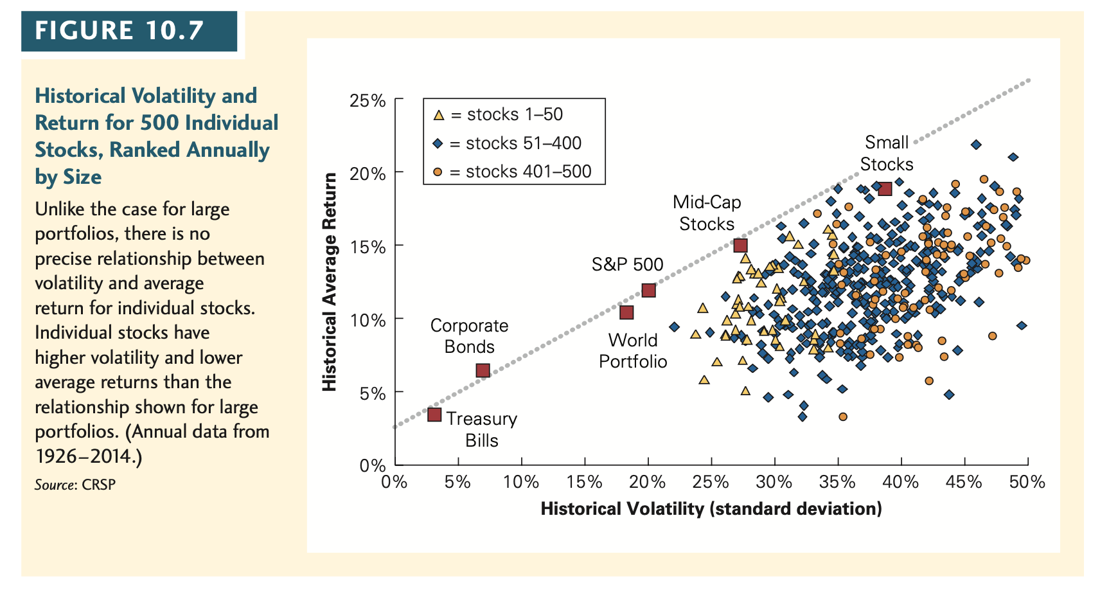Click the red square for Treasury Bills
point(434,415)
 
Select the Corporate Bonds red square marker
point(483,370)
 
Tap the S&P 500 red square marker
point(648,291)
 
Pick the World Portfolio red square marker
point(626,312)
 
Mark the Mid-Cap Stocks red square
point(740,246)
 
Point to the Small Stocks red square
point(885,188)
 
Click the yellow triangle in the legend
point(439,116)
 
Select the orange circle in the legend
point(438,172)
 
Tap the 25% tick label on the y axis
point(368,101)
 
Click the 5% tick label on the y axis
point(373,393)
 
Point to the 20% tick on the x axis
point(647,482)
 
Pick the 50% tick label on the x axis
point(1027,482)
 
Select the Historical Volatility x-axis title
point(711,509)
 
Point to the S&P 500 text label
point(627,264)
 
